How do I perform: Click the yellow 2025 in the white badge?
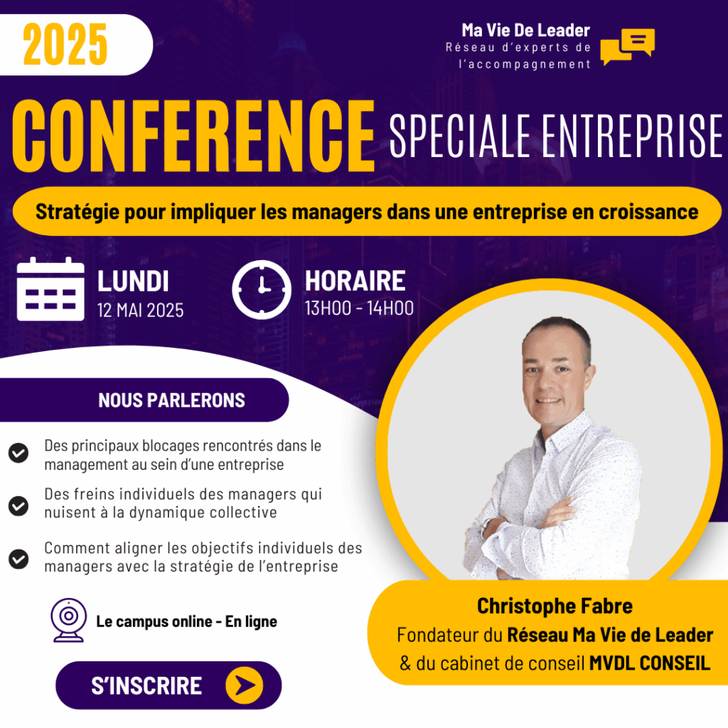tap(65, 45)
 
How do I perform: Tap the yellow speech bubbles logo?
tap(627, 46)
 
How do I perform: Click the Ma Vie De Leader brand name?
tap(525, 30)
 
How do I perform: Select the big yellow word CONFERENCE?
tap(193, 136)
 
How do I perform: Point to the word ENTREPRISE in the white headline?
tap(632, 136)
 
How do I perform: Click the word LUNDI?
tap(133, 282)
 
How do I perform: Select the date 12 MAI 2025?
tap(140, 310)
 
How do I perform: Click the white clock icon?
tap(262, 290)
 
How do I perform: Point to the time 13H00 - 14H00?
tap(359, 309)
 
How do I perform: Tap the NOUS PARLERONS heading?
tap(171, 400)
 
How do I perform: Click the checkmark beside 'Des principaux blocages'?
tap(18, 453)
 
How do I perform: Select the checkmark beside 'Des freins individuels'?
tap(18, 505)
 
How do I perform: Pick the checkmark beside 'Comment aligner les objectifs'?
tap(18, 559)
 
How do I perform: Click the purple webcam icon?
tap(69, 620)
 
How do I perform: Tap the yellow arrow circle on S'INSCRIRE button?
tap(245, 685)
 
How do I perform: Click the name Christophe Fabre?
tap(555, 606)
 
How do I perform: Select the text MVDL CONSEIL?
tap(650, 663)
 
